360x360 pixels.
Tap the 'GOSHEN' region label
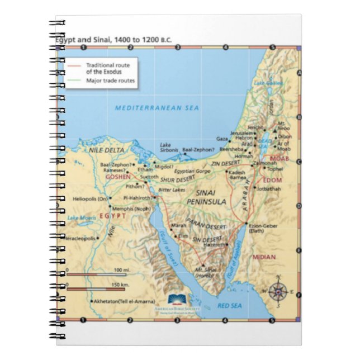pyautogui.click(x=118, y=177)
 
